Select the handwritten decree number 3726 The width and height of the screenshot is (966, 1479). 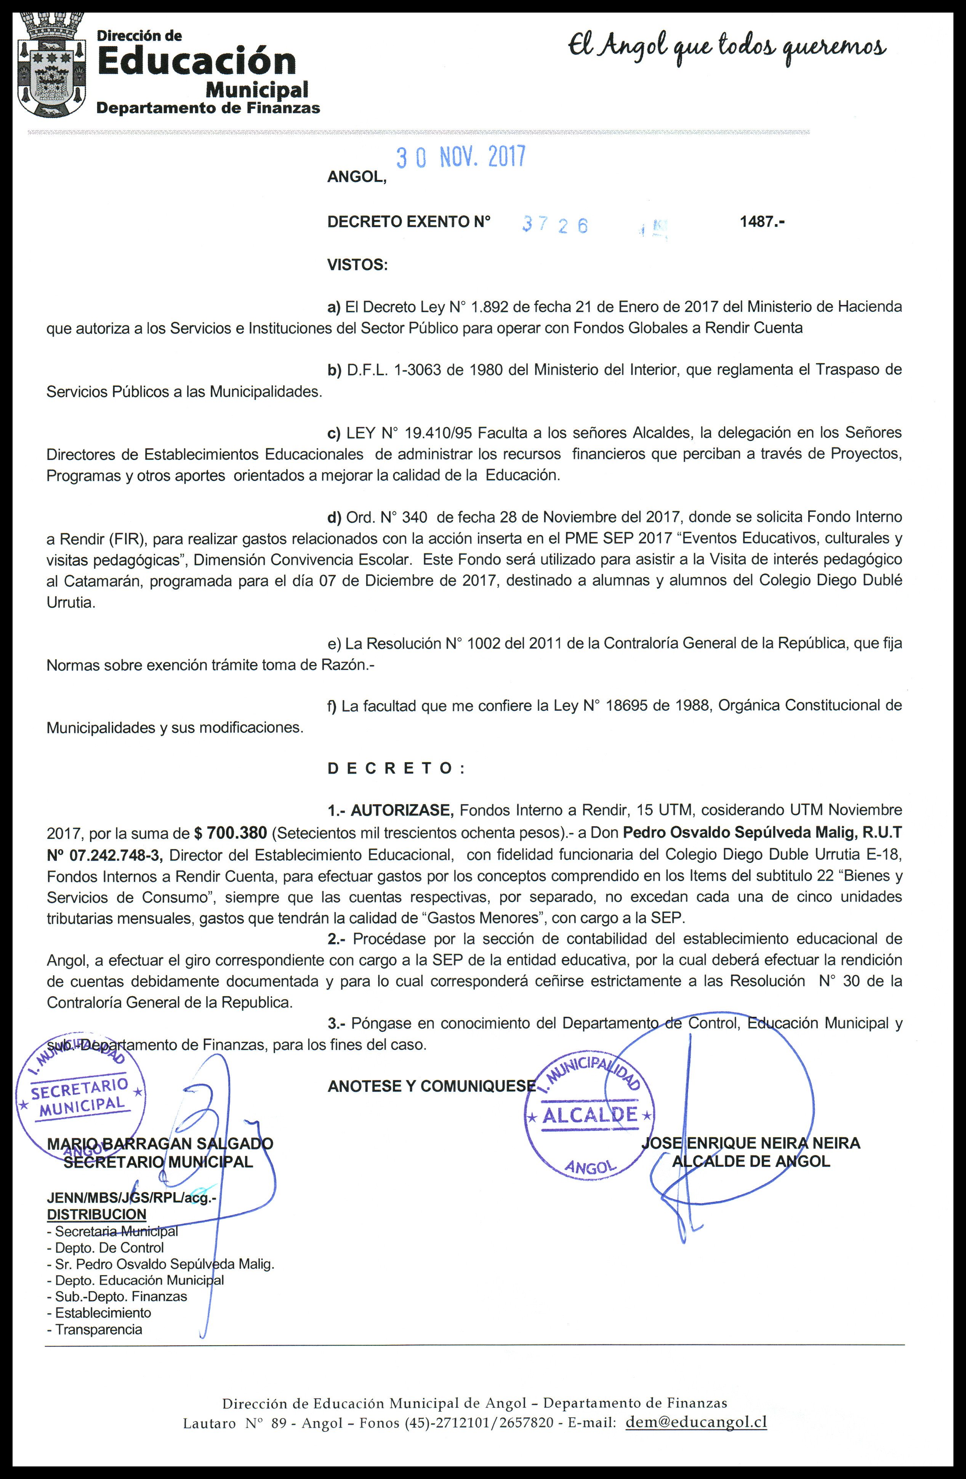click(555, 224)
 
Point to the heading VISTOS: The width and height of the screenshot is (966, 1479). click(357, 265)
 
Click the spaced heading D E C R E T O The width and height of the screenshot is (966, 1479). click(396, 769)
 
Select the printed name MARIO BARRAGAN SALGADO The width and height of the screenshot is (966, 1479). click(160, 1143)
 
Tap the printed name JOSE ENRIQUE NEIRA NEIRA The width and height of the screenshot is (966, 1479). click(750, 1143)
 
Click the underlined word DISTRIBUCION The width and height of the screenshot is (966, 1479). click(97, 1214)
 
